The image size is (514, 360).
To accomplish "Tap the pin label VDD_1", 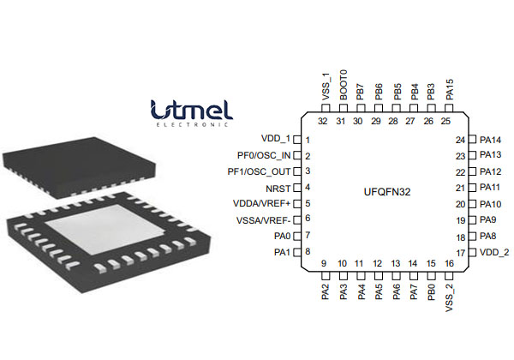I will (x=276, y=139).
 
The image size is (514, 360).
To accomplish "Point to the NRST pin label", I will (x=279, y=187).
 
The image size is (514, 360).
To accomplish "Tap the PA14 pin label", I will (x=491, y=140).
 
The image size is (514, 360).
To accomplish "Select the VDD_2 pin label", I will (x=494, y=252).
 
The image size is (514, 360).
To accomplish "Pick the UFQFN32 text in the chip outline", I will (x=387, y=192).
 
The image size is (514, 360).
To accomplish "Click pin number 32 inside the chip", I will (x=322, y=121).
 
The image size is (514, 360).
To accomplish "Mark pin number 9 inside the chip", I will (x=324, y=263).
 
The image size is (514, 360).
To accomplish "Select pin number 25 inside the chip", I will (x=445, y=121).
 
